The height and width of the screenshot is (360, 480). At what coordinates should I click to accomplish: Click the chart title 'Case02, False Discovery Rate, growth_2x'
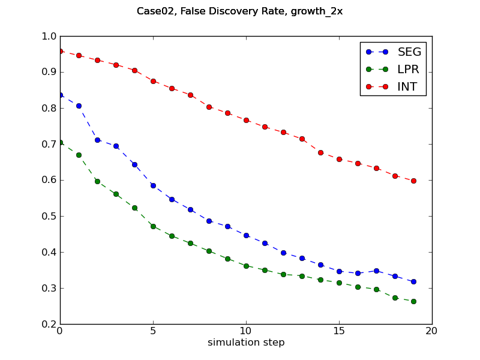(240, 11)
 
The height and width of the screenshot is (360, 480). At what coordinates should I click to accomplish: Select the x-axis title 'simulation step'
(246, 343)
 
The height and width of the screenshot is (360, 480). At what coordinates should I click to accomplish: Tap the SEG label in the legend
(409, 52)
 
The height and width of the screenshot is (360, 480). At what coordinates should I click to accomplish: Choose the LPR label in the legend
(408, 69)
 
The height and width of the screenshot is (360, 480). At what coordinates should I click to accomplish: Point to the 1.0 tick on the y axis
(47, 36)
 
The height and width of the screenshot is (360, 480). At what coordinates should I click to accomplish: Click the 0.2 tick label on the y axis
(47, 324)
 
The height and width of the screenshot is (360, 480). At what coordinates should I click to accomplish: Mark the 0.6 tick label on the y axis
(47, 180)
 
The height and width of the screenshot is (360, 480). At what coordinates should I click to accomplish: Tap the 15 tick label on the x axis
(339, 331)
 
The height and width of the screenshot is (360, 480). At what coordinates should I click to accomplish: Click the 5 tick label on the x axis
(153, 331)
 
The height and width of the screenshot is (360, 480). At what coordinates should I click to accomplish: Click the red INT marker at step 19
(413, 181)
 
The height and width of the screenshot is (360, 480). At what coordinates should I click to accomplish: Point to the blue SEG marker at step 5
(153, 185)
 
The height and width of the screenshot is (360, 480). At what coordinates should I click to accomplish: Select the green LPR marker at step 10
(246, 266)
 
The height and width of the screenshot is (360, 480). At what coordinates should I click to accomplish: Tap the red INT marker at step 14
(320, 152)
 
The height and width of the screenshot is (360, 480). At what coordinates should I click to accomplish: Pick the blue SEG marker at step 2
(97, 140)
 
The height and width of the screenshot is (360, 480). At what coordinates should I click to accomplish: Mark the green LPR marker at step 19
(413, 301)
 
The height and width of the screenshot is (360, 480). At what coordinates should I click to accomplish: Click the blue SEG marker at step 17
(376, 271)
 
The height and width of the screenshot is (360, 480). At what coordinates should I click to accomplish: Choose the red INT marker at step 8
(209, 107)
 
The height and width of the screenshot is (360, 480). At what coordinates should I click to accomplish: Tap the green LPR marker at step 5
(153, 226)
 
